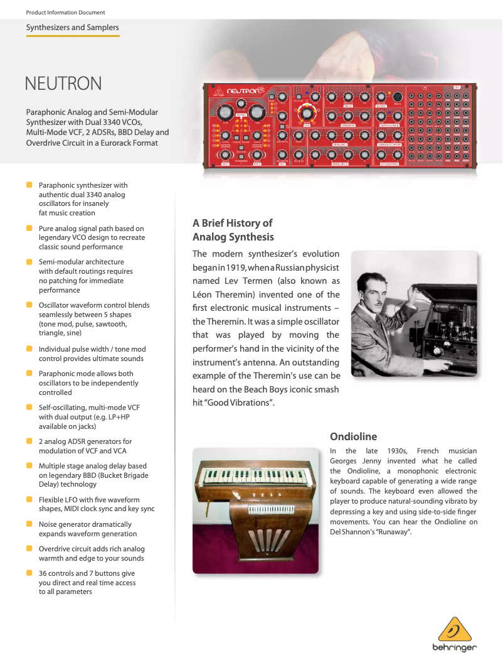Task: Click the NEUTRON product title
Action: tap(63, 84)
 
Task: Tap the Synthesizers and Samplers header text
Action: tap(72, 28)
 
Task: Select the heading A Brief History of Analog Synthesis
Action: tap(233, 230)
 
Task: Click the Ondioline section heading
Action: tap(353, 436)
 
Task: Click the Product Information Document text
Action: tap(65, 13)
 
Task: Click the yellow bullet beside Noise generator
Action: tap(29, 524)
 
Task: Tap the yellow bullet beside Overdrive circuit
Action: tap(29, 548)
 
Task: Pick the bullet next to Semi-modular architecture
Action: tap(29, 261)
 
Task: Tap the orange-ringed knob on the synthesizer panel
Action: tap(307, 113)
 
